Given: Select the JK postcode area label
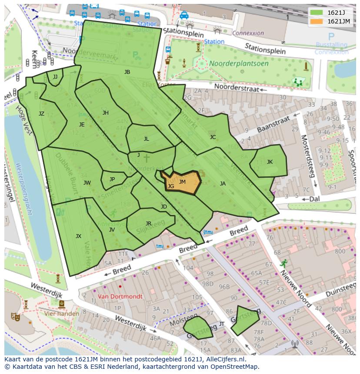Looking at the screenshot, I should (x=270, y=162).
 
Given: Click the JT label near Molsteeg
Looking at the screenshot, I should (x=222, y=324).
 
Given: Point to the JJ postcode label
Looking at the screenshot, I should (x=55, y=77).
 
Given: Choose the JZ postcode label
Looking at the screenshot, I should (x=41, y=114).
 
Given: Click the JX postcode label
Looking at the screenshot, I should (x=78, y=236).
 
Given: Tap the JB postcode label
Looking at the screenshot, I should (x=127, y=72).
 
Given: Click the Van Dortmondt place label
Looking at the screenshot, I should (x=120, y=297).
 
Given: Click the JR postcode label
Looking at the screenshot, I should (x=148, y=224).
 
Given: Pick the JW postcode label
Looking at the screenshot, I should (x=87, y=183).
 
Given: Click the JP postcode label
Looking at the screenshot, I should (x=112, y=179).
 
